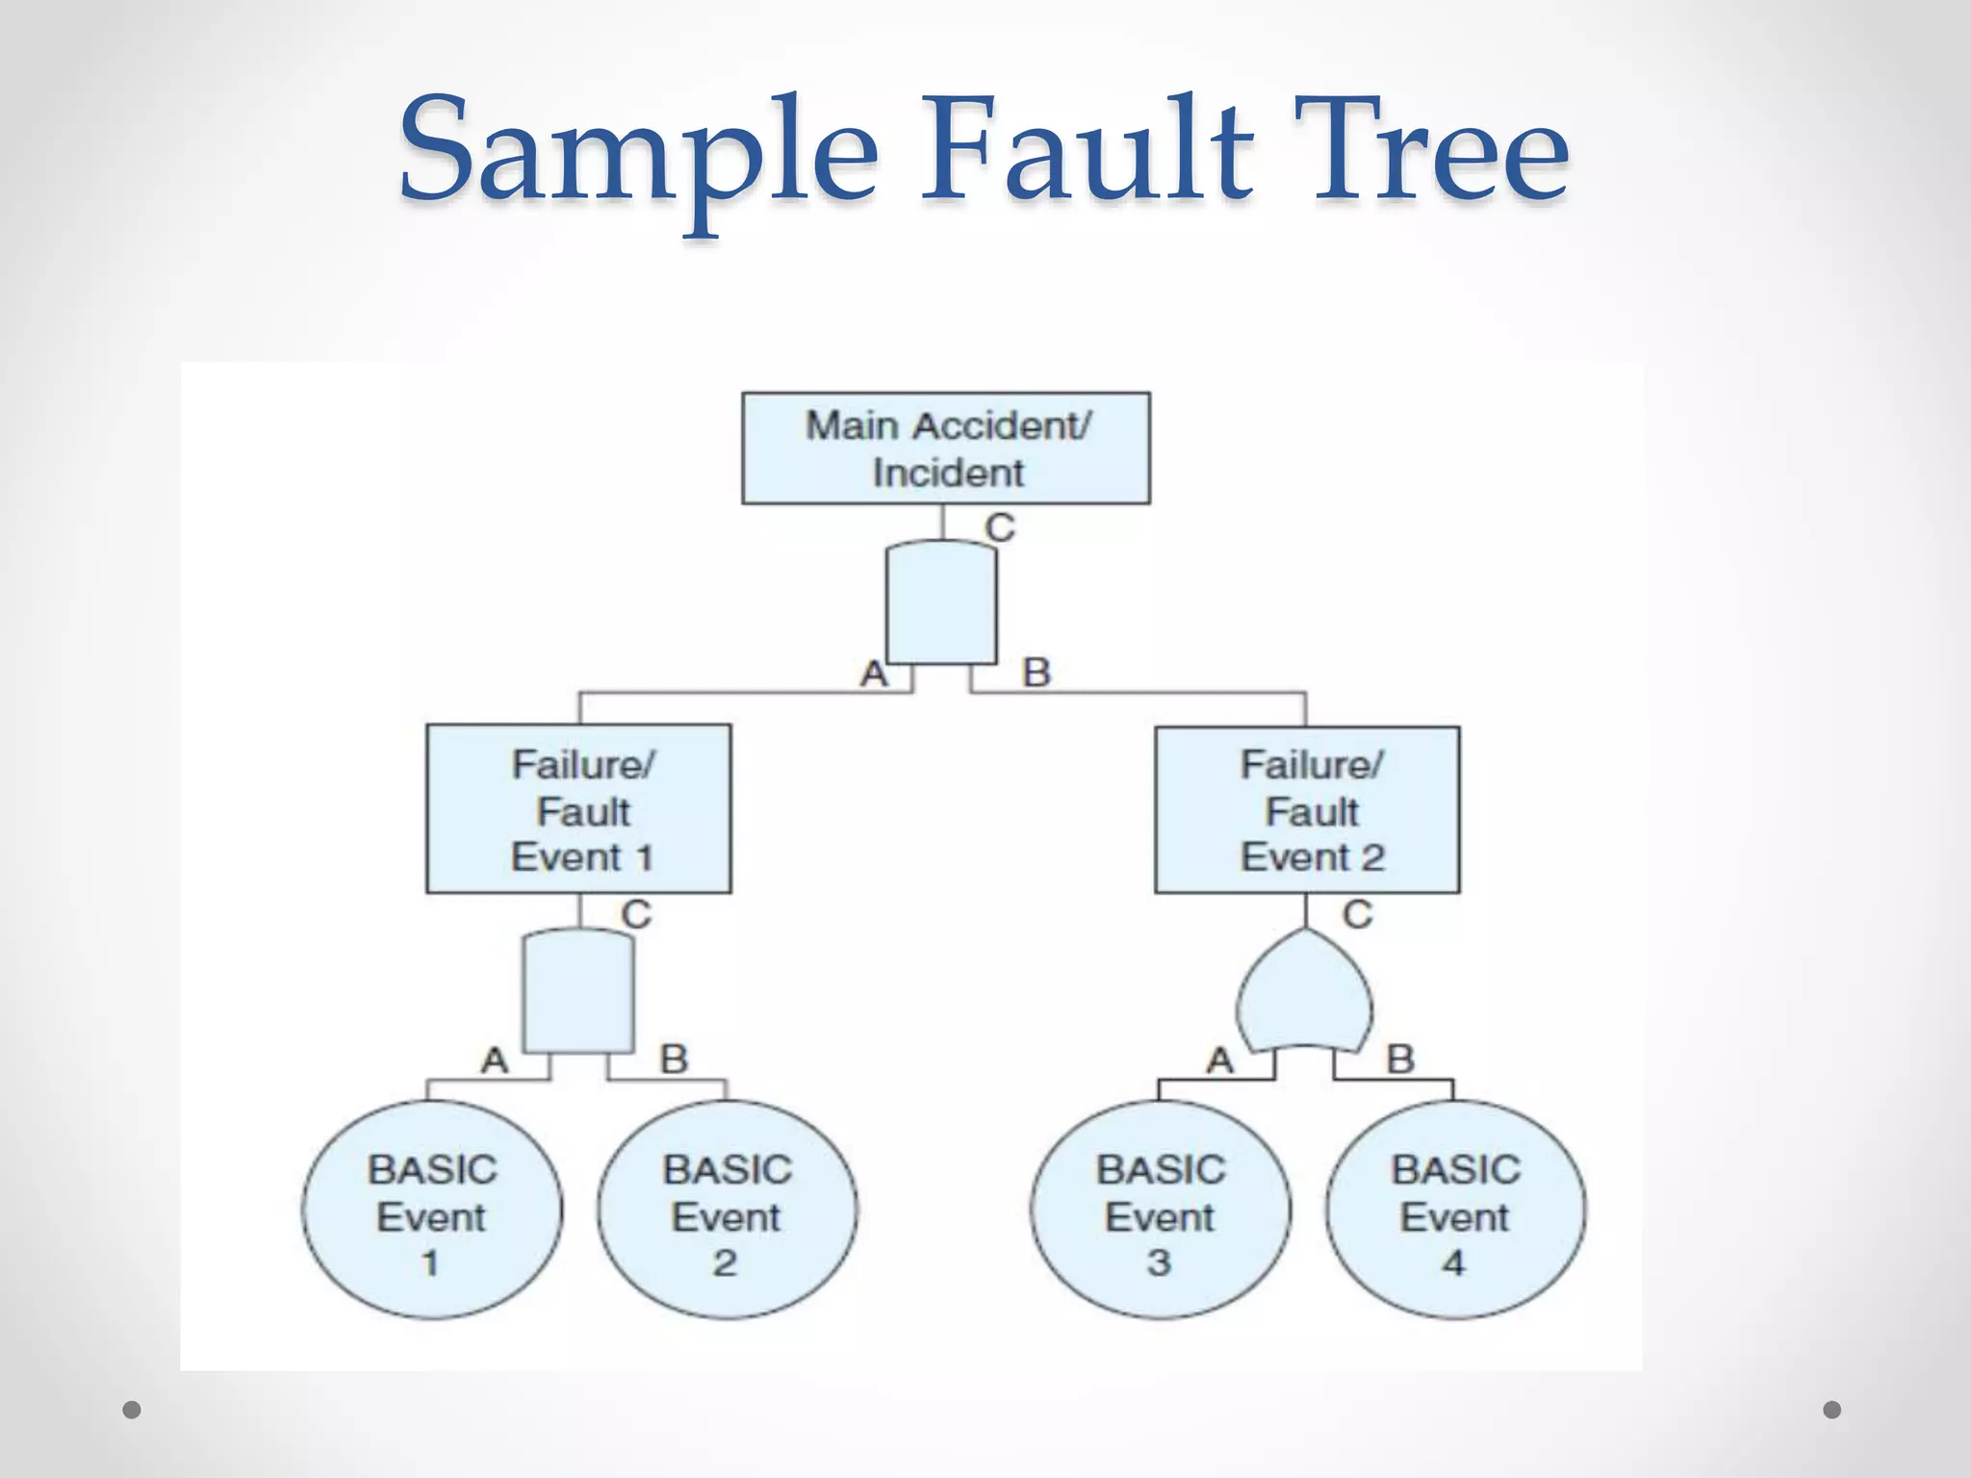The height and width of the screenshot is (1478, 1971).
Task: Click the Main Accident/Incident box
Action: (x=946, y=448)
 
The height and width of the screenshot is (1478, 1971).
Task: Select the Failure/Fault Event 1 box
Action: (x=578, y=809)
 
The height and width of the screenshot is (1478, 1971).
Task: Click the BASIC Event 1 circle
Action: (x=432, y=1210)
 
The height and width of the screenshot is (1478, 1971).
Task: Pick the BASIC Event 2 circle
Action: (x=727, y=1210)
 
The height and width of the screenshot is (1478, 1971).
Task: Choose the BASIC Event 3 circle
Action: (x=1160, y=1210)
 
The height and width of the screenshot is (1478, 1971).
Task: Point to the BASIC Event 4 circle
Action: (x=1455, y=1210)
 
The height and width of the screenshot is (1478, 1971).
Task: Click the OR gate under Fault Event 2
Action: (x=1305, y=996)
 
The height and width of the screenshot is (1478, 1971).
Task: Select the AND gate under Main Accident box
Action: (x=941, y=604)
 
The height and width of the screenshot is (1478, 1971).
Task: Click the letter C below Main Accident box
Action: (x=1000, y=527)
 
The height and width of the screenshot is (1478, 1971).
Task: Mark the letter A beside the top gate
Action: (x=874, y=674)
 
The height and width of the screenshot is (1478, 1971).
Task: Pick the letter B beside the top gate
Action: (x=1037, y=673)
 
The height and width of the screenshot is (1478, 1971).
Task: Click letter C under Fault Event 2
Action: (x=1357, y=914)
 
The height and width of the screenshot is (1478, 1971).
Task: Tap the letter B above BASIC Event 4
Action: (x=1400, y=1059)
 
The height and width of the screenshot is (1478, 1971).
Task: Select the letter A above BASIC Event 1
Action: (x=495, y=1060)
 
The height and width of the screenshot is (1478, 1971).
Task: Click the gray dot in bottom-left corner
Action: (x=132, y=1410)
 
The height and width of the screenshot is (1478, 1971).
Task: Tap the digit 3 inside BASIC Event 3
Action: (x=1159, y=1262)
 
